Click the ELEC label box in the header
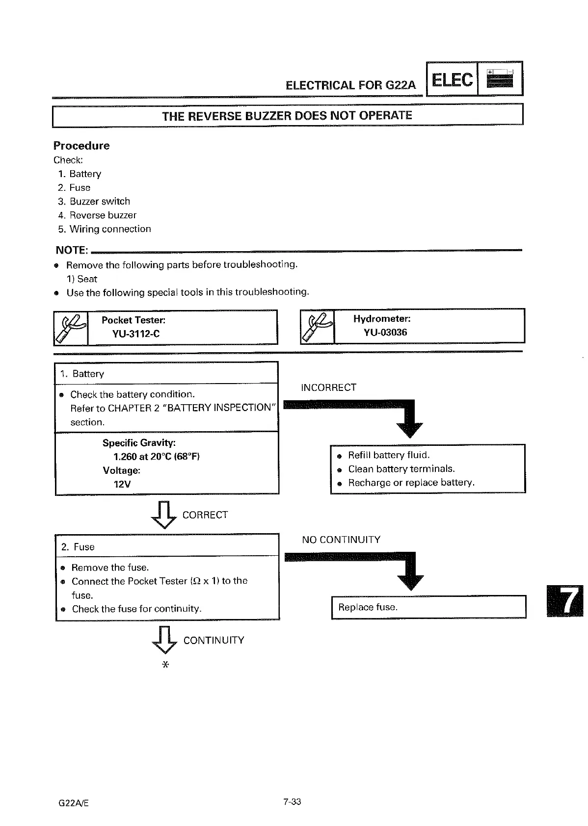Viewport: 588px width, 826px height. click(x=452, y=79)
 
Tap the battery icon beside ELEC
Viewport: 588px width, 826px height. click(x=500, y=78)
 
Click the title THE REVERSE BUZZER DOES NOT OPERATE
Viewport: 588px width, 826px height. click(x=287, y=116)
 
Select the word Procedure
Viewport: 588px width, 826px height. click(x=81, y=146)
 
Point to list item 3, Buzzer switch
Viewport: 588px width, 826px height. click(x=94, y=201)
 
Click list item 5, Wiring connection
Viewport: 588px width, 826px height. click(x=105, y=229)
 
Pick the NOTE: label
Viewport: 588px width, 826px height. click(x=72, y=250)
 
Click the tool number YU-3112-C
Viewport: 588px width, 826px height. click(x=136, y=334)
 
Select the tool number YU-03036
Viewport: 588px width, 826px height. click(x=385, y=332)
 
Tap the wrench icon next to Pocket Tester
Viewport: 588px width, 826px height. click(x=71, y=328)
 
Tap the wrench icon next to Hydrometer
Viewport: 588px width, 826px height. click(x=317, y=326)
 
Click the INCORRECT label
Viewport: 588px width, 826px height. click(x=328, y=387)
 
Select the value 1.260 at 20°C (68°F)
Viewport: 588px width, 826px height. click(x=156, y=457)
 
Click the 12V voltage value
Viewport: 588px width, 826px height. click(x=122, y=484)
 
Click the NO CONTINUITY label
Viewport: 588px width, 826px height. click(x=341, y=540)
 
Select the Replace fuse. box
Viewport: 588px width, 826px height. click(x=428, y=607)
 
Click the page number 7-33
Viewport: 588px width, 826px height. click(x=292, y=802)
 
